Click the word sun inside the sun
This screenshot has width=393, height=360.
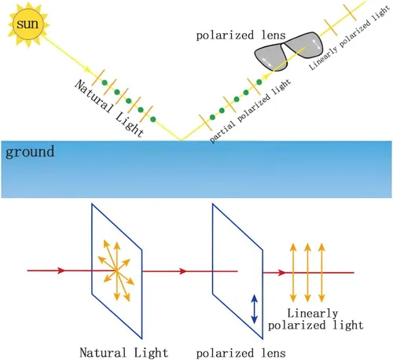[x=28, y=24]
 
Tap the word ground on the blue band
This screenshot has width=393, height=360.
[x=30, y=152]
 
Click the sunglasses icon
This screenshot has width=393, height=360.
[x=288, y=51]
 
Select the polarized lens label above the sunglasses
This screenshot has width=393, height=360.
[x=241, y=35]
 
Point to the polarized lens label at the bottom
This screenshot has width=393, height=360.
[x=241, y=353]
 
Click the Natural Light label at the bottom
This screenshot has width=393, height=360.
[x=123, y=352]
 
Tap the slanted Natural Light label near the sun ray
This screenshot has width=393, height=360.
[x=109, y=108]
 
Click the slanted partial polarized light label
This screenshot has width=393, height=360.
[x=250, y=111]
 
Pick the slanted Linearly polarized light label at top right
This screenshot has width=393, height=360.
[x=349, y=38]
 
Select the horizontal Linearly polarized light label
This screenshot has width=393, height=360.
[x=316, y=319]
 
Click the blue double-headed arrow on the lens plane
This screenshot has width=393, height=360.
[x=254, y=309]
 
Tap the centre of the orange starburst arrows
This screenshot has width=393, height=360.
[x=116, y=271]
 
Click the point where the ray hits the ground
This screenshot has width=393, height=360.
[x=181, y=141]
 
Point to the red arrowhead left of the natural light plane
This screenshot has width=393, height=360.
[x=61, y=270]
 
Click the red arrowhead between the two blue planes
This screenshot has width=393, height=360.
[x=183, y=271]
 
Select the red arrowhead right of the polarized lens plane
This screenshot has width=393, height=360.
[x=281, y=273]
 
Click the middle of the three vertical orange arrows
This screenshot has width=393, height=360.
[x=307, y=273]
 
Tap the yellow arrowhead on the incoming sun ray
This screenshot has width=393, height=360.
[x=88, y=70]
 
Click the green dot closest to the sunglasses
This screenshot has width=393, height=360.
[x=259, y=83]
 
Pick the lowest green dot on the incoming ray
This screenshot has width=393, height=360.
[x=153, y=119]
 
